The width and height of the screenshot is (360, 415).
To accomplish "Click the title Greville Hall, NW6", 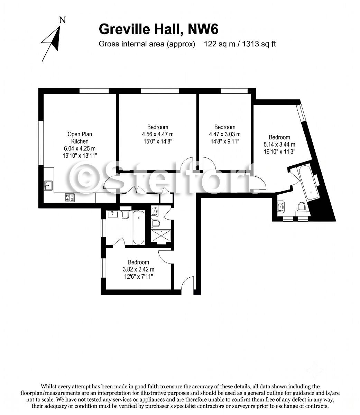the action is click(158, 29).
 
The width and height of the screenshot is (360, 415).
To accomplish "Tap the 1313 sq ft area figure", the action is click(259, 44).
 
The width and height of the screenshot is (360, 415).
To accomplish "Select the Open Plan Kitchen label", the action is click(80, 138).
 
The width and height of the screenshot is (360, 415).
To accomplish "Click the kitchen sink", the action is click(48, 185).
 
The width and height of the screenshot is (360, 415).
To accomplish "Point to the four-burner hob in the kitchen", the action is click(70, 197).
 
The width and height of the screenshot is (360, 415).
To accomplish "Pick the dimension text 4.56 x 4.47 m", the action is click(158, 134).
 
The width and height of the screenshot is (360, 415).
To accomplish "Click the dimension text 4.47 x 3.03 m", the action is click(225, 134).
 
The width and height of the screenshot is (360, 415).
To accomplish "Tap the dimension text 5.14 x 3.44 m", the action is click(279, 145).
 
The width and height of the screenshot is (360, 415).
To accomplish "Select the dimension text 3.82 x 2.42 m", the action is click(139, 269).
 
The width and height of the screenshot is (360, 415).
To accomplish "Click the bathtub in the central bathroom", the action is click(138, 228).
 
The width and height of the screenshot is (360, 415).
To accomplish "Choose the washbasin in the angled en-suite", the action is click(281, 207).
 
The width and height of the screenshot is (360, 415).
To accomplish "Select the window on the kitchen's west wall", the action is click(41, 143).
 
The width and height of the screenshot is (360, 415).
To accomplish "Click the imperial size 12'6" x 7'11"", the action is click(139, 276).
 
